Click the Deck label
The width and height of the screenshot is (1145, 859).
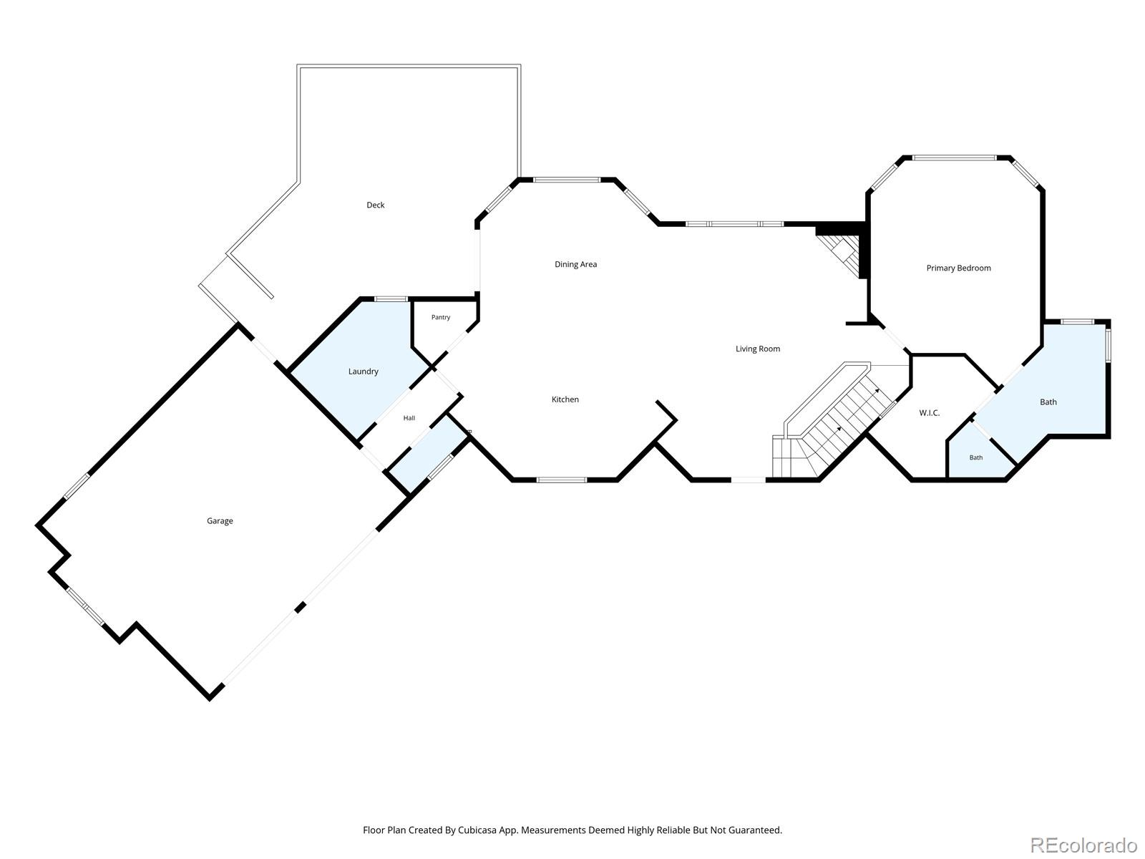(x=375, y=205)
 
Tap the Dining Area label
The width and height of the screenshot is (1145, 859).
(x=575, y=264)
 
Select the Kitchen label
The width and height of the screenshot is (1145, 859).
(x=565, y=399)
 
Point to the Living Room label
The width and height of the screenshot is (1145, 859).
(x=757, y=349)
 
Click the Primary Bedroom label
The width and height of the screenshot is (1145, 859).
(x=958, y=268)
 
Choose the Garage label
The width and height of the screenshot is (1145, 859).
(x=220, y=520)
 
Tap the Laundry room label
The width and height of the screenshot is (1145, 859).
(x=363, y=372)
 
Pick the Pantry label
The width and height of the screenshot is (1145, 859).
(x=441, y=317)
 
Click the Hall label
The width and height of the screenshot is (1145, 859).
(x=409, y=418)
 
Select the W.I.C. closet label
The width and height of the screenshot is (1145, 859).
(x=929, y=413)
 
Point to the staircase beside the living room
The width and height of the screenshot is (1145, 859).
(x=834, y=422)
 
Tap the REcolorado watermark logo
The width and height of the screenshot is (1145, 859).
(x=1083, y=845)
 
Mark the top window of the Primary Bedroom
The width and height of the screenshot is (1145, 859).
(x=954, y=157)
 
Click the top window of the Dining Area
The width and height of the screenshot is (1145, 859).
(x=567, y=180)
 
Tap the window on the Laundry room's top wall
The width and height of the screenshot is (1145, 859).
(x=391, y=299)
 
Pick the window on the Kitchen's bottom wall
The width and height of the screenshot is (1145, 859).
(x=562, y=480)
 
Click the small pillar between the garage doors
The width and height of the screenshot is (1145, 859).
(x=300, y=607)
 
